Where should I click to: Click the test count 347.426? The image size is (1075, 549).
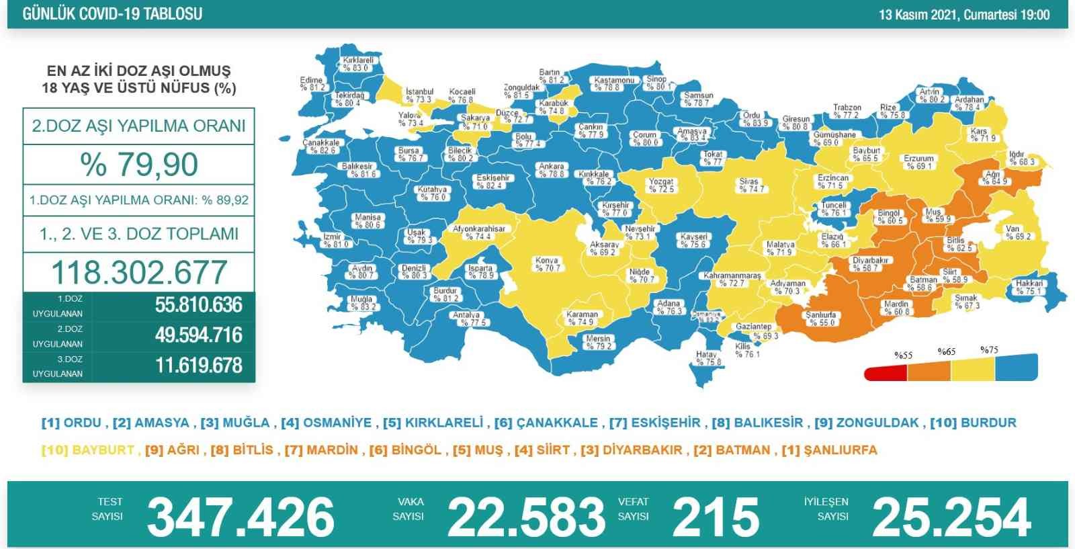click(240, 517)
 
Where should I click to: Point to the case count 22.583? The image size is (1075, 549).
click(526, 517)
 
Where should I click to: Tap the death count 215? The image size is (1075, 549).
click(716, 517)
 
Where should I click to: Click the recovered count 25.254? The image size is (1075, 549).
click(951, 517)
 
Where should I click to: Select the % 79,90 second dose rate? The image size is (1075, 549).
click(139, 165)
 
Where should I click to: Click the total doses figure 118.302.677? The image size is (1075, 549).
click(139, 272)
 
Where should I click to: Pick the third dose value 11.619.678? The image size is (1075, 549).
click(198, 366)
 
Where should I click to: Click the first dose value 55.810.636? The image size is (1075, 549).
click(198, 304)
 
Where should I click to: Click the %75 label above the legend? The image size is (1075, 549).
click(989, 349)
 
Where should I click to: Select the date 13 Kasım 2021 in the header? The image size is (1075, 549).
click(918, 15)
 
